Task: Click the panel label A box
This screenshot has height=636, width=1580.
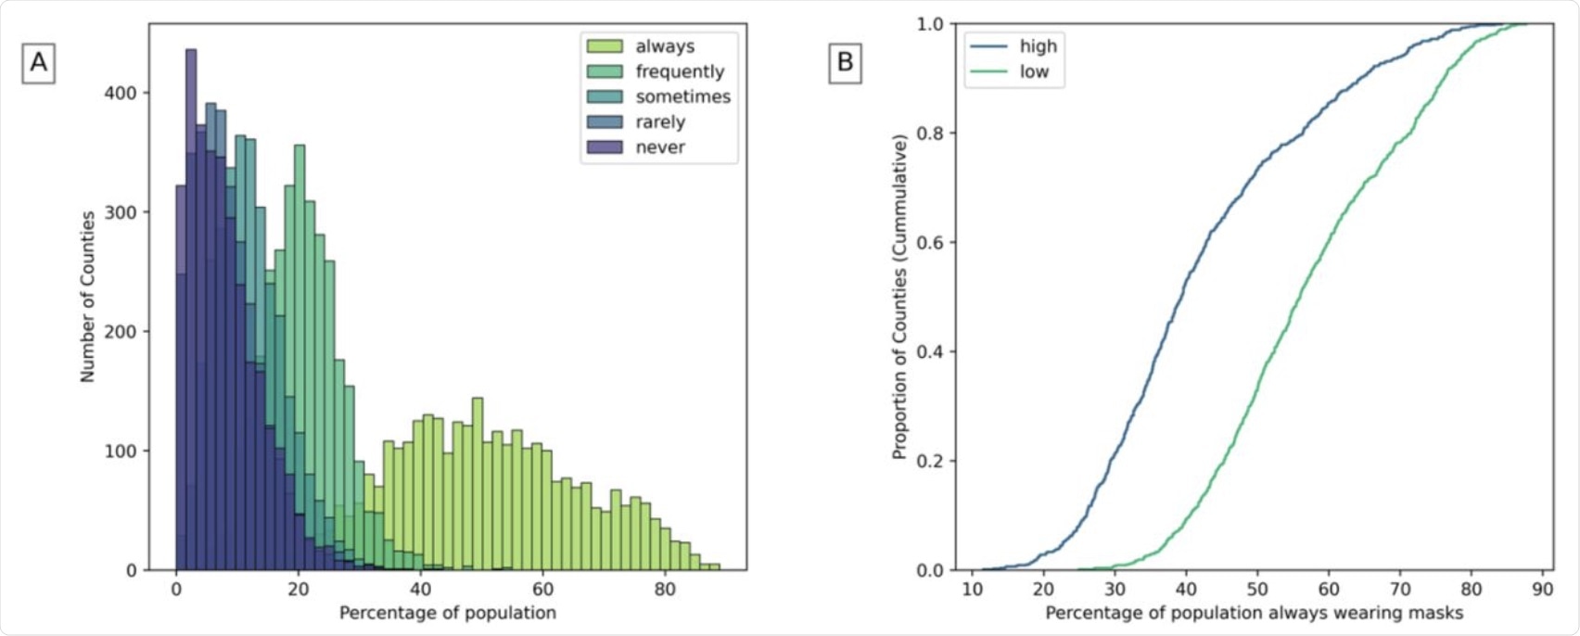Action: [39, 62]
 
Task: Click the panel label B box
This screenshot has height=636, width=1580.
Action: [845, 62]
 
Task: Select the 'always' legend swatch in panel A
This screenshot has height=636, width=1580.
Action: [604, 46]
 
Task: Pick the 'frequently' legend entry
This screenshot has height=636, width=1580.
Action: [679, 71]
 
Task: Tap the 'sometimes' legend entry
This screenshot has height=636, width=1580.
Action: [682, 96]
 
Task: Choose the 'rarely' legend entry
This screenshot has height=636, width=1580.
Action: [659, 121]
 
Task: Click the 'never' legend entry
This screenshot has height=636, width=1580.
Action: [659, 146]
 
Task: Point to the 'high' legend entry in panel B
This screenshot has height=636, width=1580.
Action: [1038, 46]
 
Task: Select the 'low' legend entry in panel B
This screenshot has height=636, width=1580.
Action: [1034, 71]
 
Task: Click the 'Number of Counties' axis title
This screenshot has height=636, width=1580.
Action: [88, 297]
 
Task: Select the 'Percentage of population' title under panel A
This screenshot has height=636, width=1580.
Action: [447, 613]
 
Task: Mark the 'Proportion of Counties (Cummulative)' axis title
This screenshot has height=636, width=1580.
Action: [898, 297]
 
